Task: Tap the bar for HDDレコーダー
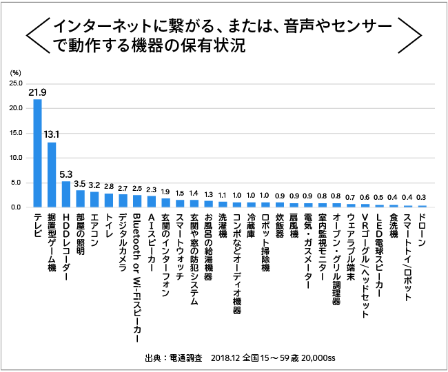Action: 66,194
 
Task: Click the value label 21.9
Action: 37,92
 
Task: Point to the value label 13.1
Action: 52,134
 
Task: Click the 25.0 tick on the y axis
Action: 15,83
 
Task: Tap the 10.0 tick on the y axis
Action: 15,158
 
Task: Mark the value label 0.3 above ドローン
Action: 422,196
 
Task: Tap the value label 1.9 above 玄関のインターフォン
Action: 165,192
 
